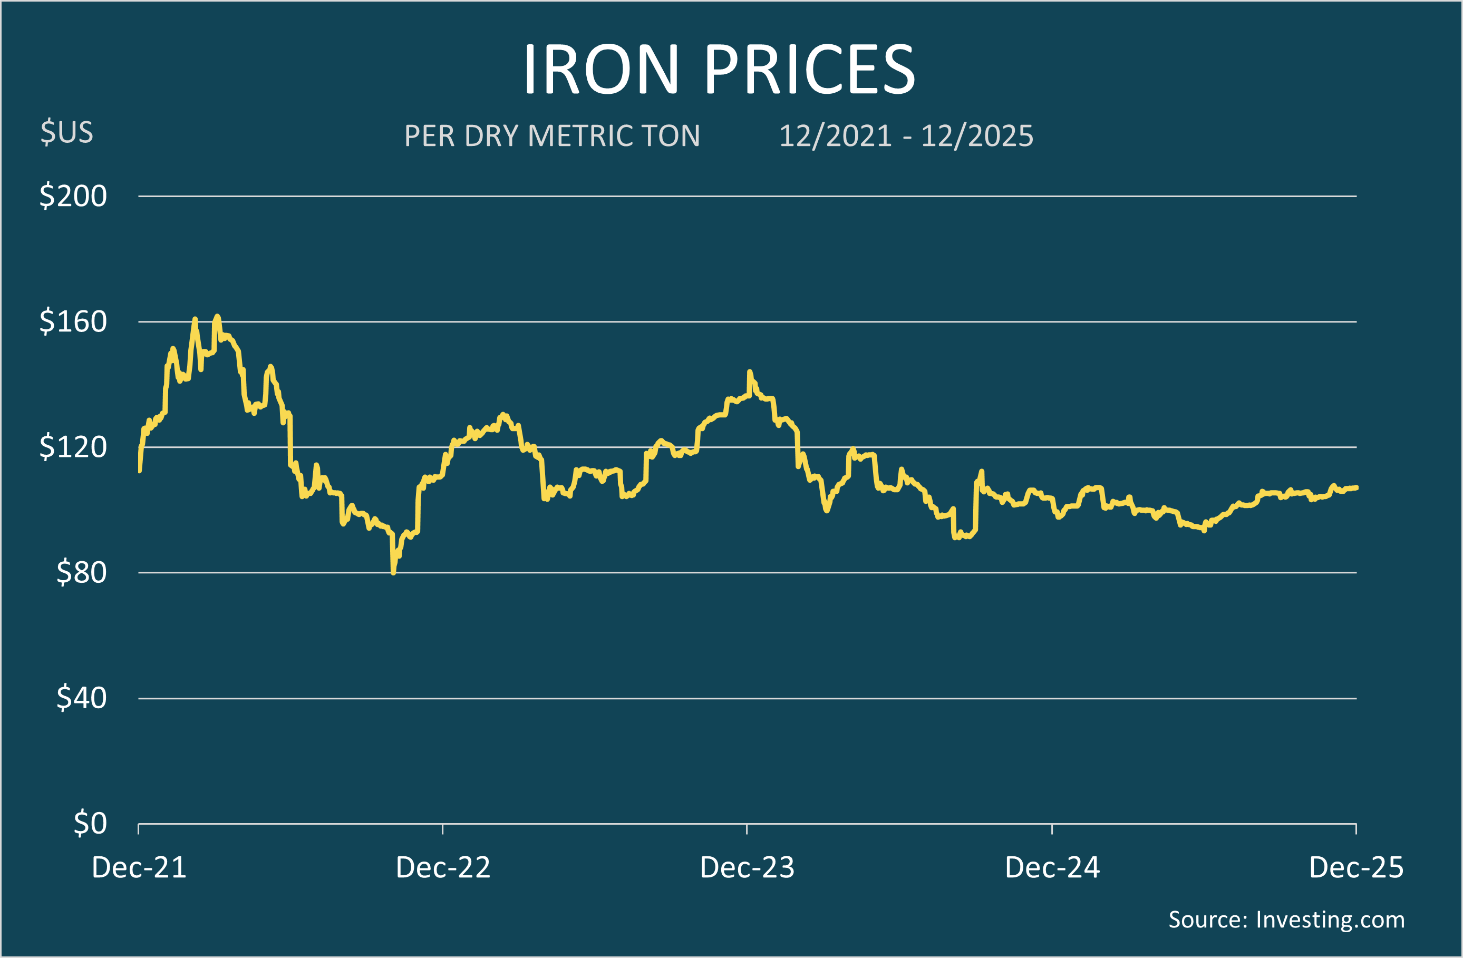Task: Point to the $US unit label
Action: [x=67, y=132]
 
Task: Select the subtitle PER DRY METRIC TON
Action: [x=552, y=136]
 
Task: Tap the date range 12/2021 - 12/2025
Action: [x=906, y=136]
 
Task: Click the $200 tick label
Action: [x=73, y=196]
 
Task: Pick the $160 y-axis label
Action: [x=73, y=321]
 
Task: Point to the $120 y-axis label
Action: [x=73, y=447]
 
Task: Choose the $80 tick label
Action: [x=82, y=572]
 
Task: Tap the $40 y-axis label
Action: [x=82, y=698]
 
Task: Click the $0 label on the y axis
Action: [x=90, y=824]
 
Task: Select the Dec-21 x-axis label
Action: [x=139, y=868]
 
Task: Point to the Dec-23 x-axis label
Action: [x=748, y=868]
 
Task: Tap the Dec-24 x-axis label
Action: [x=1052, y=868]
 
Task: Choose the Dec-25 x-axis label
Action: [x=1357, y=868]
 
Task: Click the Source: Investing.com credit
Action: [x=1286, y=920]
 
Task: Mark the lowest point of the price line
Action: [x=393, y=573]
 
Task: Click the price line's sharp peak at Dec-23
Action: [x=749, y=372]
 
